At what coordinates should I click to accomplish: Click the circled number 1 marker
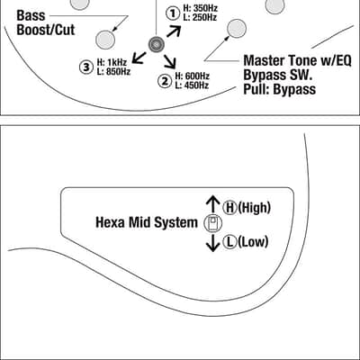coord(173,13)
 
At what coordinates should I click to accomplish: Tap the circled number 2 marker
coord(165,81)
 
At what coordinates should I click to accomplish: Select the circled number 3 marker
coord(86,67)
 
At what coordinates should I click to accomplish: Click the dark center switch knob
coord(157,45)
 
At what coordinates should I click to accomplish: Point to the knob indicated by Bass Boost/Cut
coord(105,40)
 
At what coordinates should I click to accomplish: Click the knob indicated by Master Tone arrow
coord(237,29)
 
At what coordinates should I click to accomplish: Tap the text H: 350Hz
coord(201,8)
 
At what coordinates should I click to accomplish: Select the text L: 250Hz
coord(200,17)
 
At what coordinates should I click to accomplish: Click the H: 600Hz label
coord(193,76)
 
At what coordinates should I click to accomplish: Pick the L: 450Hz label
coord(192,85)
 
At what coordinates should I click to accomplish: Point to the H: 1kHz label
coord(112,62)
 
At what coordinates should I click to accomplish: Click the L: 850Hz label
coord(113,71)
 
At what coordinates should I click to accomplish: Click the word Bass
coord(31,15)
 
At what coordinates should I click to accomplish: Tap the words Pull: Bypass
coord(280,89)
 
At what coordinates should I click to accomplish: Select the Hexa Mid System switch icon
coord(213,223)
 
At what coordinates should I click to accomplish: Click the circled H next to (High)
coord(230,207)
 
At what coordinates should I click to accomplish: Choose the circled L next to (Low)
coord(230,242)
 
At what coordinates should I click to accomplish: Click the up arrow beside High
coord(213,204)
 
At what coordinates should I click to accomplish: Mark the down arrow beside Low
coord(213,242)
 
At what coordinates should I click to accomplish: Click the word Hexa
coord(111,222)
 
